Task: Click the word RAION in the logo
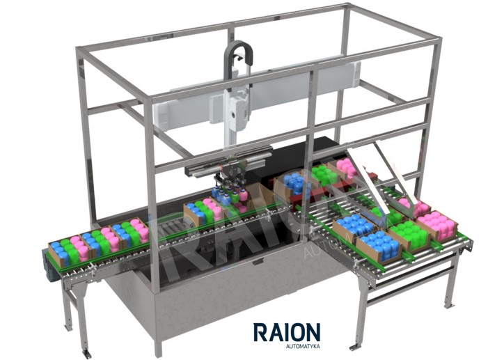point(287,332)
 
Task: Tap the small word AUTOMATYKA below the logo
point(302,347)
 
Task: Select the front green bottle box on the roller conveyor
point(409,235)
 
